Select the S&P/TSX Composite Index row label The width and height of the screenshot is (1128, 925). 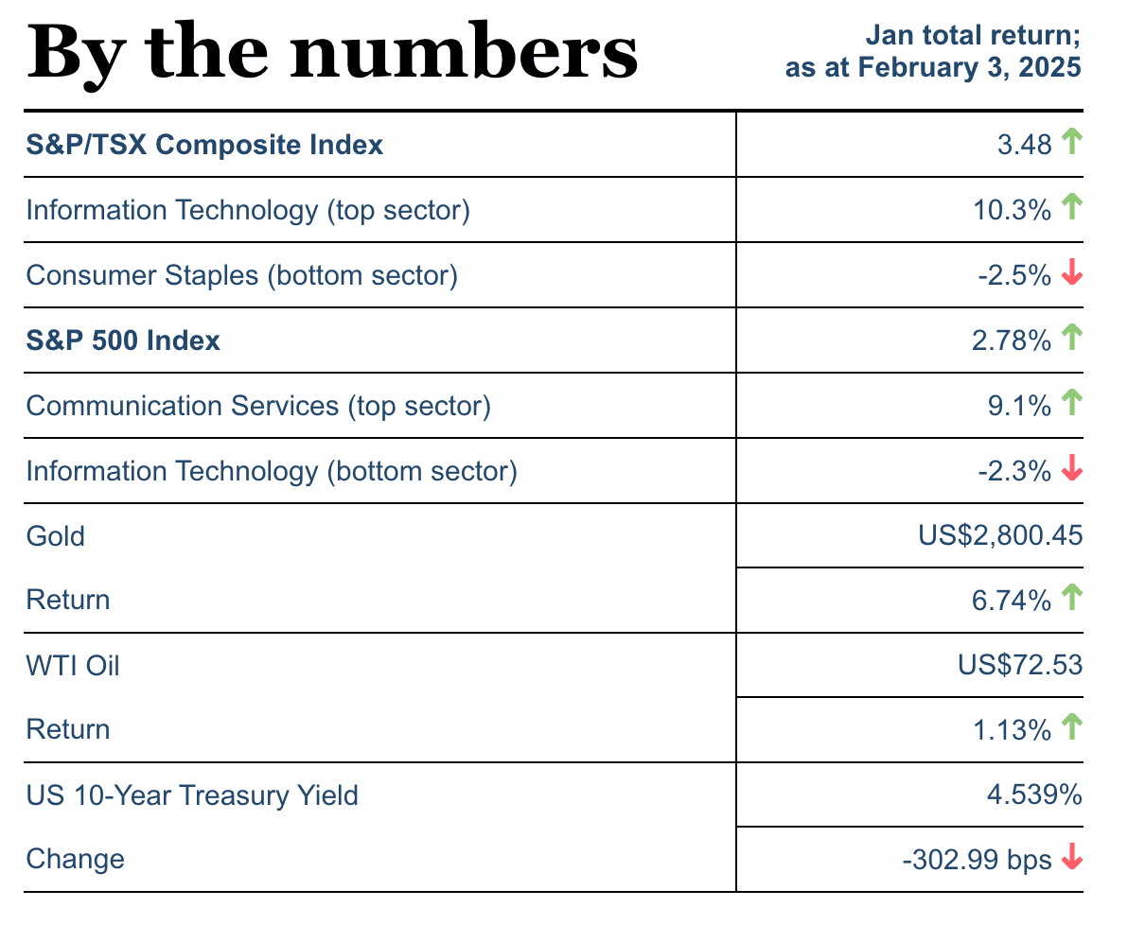204,145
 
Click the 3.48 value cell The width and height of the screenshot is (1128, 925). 1024,145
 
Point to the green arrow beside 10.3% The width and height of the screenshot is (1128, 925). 1071,207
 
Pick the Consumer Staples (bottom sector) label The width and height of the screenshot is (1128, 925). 241,275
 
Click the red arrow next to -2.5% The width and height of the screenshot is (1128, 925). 1071,274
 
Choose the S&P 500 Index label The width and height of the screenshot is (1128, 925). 123,340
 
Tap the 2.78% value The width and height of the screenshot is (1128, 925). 1011,340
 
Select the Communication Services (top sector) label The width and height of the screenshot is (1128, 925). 258,406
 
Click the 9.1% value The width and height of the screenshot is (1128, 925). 1018,406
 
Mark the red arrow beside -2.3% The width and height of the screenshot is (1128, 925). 1071,469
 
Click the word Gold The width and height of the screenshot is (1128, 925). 56,536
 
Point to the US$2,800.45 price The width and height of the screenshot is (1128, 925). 1000,536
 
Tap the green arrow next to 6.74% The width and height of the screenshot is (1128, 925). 1071,597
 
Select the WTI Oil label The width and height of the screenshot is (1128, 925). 73,666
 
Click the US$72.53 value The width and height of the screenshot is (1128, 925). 1019,666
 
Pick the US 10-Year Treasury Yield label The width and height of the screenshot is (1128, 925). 192,795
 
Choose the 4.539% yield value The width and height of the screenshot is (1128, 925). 1033,795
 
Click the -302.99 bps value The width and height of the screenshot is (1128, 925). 976,860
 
